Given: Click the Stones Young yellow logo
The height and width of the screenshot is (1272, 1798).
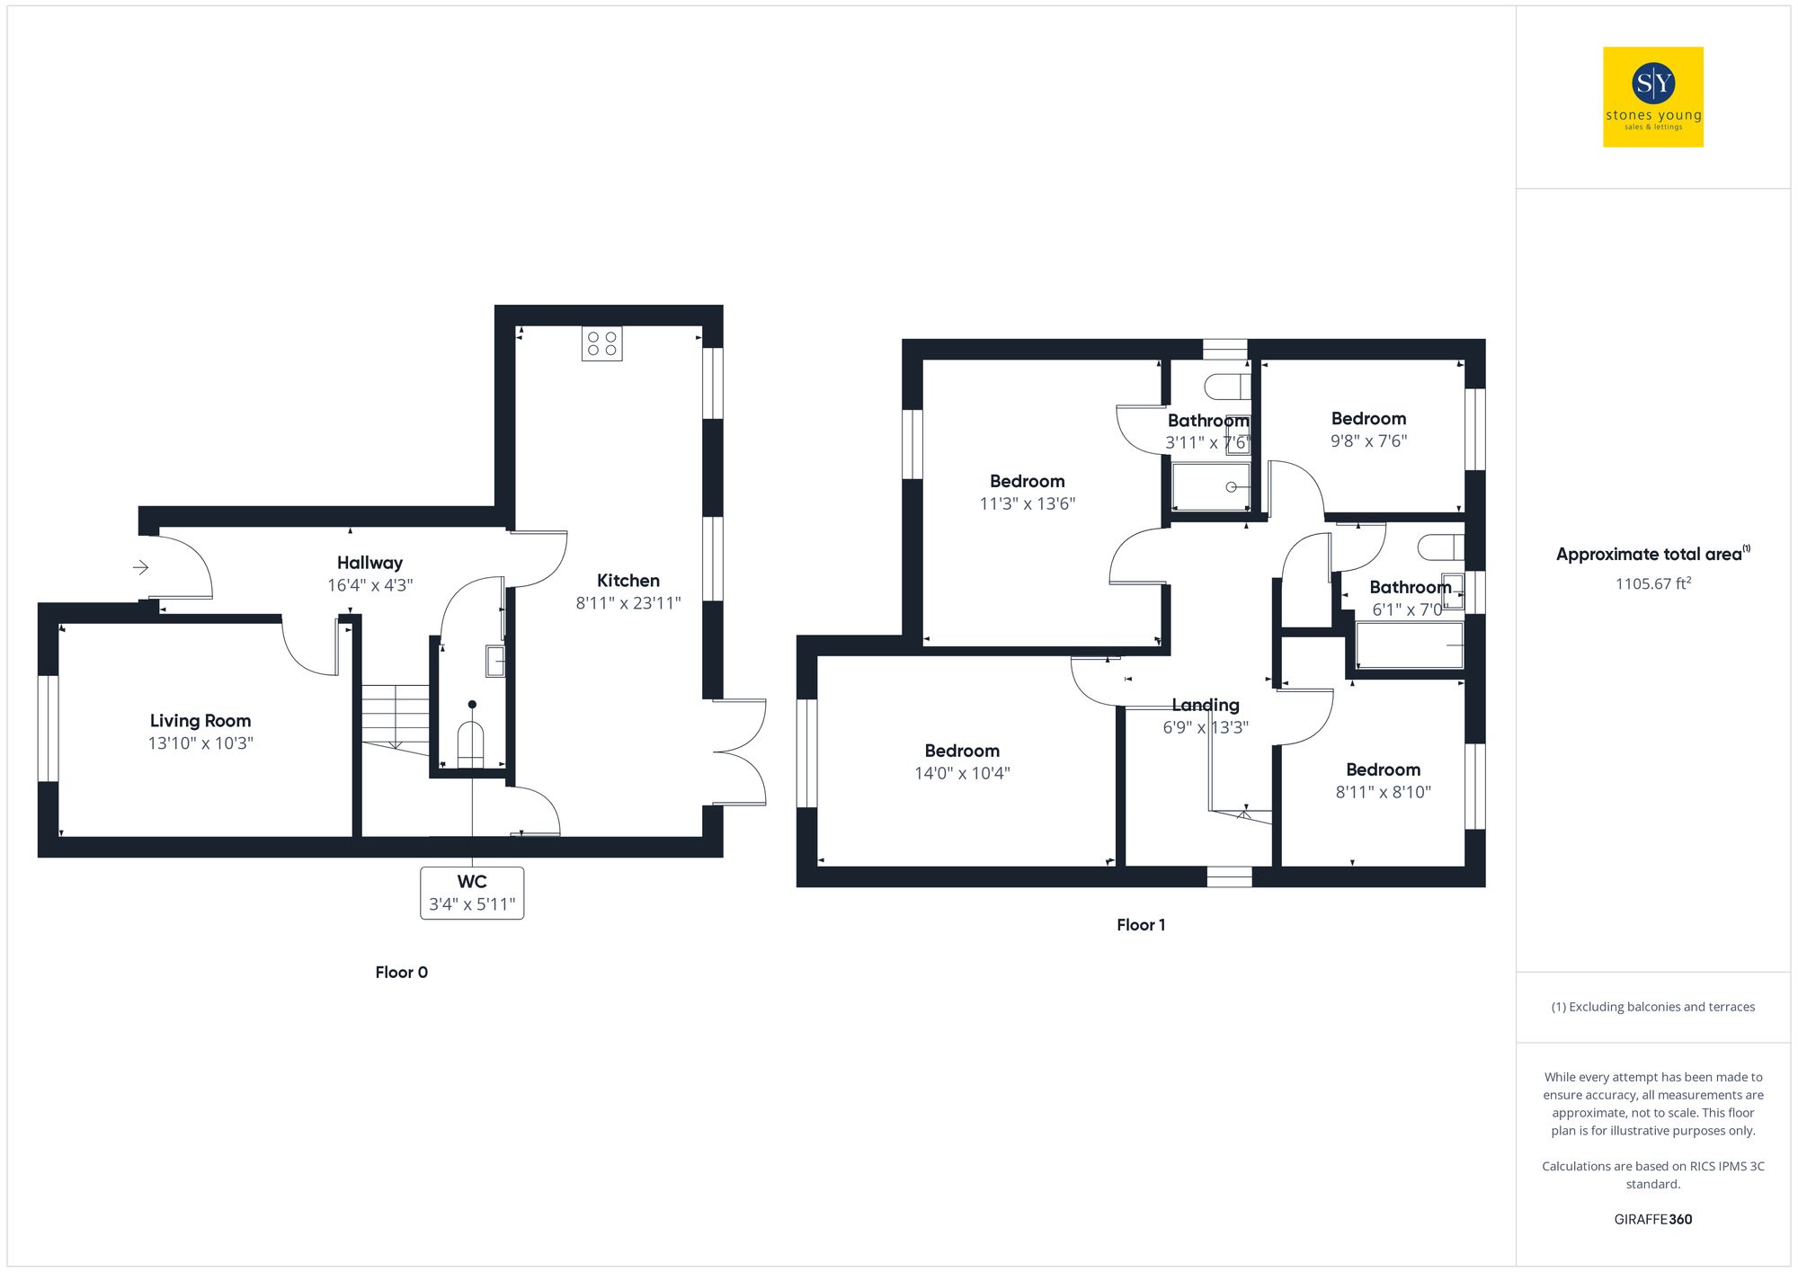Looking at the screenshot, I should click(x=1652, y=97).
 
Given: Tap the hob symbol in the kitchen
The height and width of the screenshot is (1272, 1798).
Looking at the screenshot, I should click(x=601, y=343).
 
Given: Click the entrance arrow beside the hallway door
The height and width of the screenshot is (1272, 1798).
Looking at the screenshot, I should click(x=140, y=567).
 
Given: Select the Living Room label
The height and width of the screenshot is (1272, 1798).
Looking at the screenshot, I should click(x=200, y=721).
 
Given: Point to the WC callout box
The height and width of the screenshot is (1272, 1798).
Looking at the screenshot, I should click(x=472, y=893).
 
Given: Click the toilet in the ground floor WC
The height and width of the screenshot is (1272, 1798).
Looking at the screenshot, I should click(x=470, y=743).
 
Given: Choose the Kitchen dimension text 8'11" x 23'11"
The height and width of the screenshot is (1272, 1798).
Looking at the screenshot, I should click(x=628, y=603).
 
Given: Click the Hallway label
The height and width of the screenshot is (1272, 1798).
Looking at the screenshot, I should click(x=369, y=563).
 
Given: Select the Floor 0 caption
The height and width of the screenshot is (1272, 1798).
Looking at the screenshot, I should click(x=401, y=973).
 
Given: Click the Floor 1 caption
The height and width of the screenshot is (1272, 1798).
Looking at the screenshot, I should click(x=1141, y=925).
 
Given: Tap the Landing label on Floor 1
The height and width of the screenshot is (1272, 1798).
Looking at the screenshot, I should click(x=1206, y=706).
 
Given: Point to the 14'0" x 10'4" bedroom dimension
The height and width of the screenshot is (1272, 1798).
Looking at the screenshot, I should click(x=962, y=773).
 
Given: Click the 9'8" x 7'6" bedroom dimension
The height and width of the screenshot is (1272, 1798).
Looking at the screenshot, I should click(x=1368, y=441).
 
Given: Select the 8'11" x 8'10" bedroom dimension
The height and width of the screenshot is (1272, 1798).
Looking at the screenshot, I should click(x=1383, y=792).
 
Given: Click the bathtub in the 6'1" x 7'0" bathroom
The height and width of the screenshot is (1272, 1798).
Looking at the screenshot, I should click(x=1409, y=645).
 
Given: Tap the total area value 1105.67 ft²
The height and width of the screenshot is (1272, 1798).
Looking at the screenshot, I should click(x=1652, y=584).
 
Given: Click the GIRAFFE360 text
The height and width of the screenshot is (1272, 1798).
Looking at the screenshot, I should click(x=1652, y=1220).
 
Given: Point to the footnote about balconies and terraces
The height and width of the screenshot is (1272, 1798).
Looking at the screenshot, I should click(x=1652, y=1007).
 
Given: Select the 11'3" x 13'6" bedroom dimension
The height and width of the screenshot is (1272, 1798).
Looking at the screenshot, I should click(x=1027, y=504).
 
